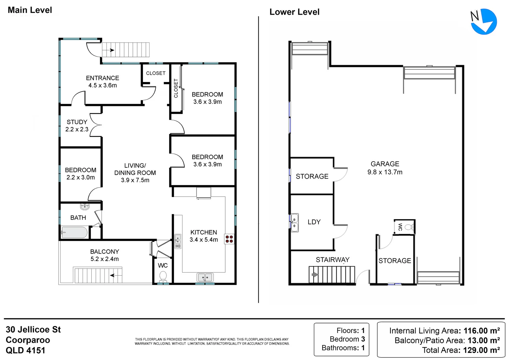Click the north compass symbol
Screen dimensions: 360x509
(x=483, y=21)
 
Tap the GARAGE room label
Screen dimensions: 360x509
(x=385, y=164)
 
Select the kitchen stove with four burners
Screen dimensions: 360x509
(x=229, y=239)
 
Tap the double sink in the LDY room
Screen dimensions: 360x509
(x=294, y=223)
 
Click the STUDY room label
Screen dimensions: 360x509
(x=77, y=122)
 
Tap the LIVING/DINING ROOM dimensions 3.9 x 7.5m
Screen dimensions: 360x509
(x=135, y=180)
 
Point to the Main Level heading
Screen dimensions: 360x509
(x=30, y=10)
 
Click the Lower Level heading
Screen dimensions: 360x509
(x=294, y=12)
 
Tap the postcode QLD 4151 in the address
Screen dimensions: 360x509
(x=25, y=351)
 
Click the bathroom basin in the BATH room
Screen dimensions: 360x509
(x=85, y=206)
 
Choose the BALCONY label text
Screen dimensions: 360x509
(x=105, y=252)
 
